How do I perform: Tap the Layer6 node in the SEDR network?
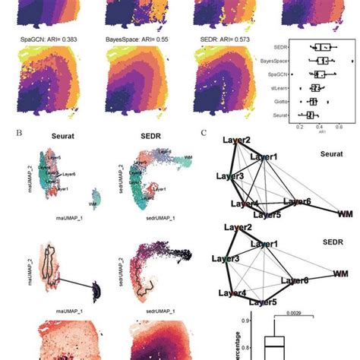tap(295, 280)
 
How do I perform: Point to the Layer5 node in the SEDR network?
tap(264, 303)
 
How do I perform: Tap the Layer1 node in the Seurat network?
tap(264, 157)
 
